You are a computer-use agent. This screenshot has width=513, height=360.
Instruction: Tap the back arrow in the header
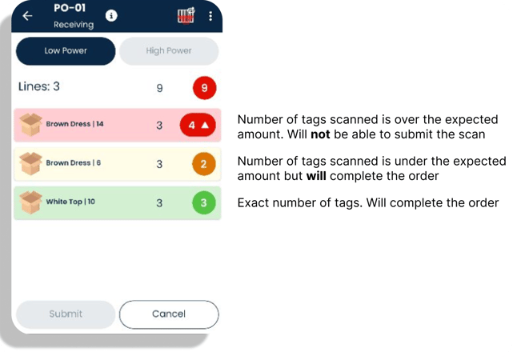point(27,15)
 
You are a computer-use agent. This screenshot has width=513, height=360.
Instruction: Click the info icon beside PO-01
point(111,15)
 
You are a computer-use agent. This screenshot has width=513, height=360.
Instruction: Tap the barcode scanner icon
point(186,15)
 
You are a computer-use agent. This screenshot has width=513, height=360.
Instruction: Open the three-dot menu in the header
point(210,16)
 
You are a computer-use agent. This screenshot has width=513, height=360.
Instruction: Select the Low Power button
point(66,51)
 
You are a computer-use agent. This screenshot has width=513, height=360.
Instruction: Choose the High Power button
point(169,51)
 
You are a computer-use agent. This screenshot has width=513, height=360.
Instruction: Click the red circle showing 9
point(205,88)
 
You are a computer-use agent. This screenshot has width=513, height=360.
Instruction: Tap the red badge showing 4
point(198,125)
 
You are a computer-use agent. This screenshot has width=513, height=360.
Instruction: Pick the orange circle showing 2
point(203,164)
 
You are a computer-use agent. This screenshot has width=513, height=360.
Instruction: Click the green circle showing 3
point(203,202)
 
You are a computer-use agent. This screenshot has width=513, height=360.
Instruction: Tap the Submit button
point(66,314)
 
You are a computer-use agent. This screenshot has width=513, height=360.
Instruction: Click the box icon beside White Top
point(30,202)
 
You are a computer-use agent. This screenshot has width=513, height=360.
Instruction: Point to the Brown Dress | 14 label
point(74,124)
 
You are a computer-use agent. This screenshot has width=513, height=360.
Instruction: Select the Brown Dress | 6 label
point(74,163)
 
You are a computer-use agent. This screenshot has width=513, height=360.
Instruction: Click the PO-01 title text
point(70,8)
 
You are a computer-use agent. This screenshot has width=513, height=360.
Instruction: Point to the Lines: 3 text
point(39,86)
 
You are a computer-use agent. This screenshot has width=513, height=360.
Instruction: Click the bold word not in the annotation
point(320,134)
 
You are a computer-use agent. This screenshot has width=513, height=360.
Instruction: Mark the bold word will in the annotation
point(316,176)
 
